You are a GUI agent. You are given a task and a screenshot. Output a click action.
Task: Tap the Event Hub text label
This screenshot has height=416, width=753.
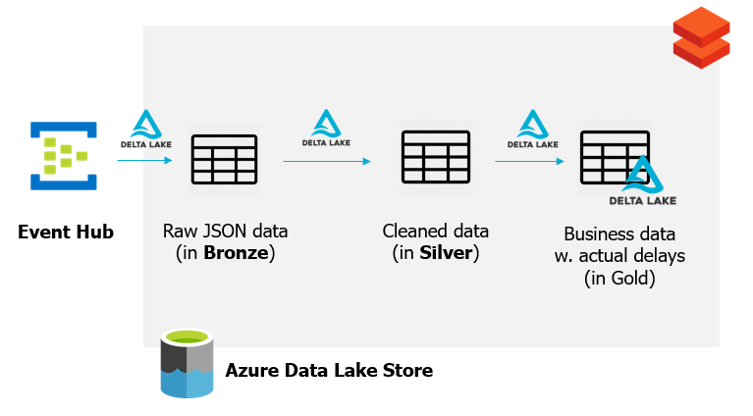coord(66,233)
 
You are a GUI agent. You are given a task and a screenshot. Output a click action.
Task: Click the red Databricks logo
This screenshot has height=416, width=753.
coord(701,37)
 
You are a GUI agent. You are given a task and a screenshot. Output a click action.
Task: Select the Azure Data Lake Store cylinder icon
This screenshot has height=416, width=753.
coord(186,364)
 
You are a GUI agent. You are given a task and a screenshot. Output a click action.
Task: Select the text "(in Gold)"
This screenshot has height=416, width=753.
coord(619,279)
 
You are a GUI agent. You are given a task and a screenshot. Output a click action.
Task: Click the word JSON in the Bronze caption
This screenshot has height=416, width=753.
coord(227,232)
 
